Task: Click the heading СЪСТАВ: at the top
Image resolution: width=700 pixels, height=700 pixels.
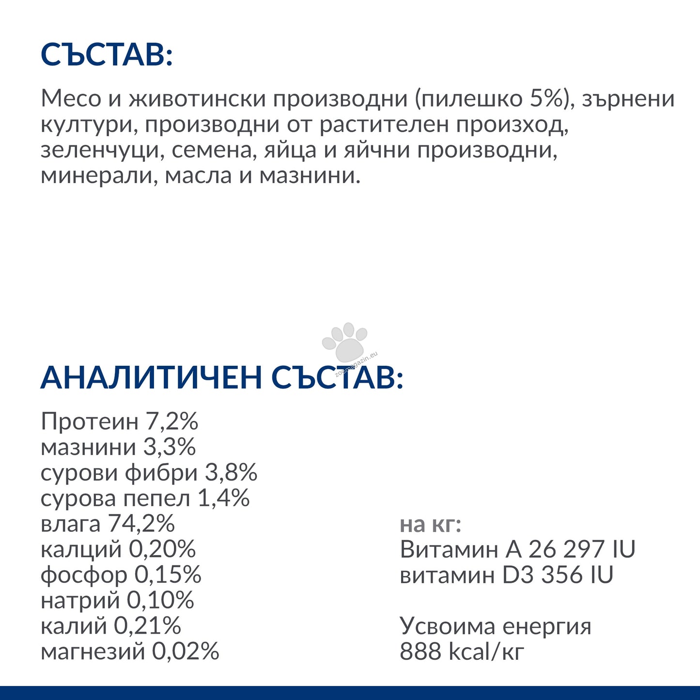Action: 107,54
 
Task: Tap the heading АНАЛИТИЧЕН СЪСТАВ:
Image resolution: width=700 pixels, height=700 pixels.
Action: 221,377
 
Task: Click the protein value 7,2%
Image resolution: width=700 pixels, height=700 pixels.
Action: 172,421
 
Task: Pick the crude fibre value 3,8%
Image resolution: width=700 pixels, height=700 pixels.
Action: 231,473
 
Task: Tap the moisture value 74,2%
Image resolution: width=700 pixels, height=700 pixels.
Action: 141,524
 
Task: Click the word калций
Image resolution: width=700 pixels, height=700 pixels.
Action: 81,549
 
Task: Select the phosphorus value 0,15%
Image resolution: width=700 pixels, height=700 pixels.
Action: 168,575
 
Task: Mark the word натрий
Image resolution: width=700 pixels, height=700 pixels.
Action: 80,601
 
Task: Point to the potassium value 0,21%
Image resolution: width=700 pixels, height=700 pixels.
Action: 147,626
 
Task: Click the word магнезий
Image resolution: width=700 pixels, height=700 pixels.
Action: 93,652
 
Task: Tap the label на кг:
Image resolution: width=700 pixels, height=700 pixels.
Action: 430,524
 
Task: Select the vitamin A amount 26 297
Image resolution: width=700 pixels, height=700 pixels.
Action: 566,549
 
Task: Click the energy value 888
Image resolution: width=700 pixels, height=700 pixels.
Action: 420,652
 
